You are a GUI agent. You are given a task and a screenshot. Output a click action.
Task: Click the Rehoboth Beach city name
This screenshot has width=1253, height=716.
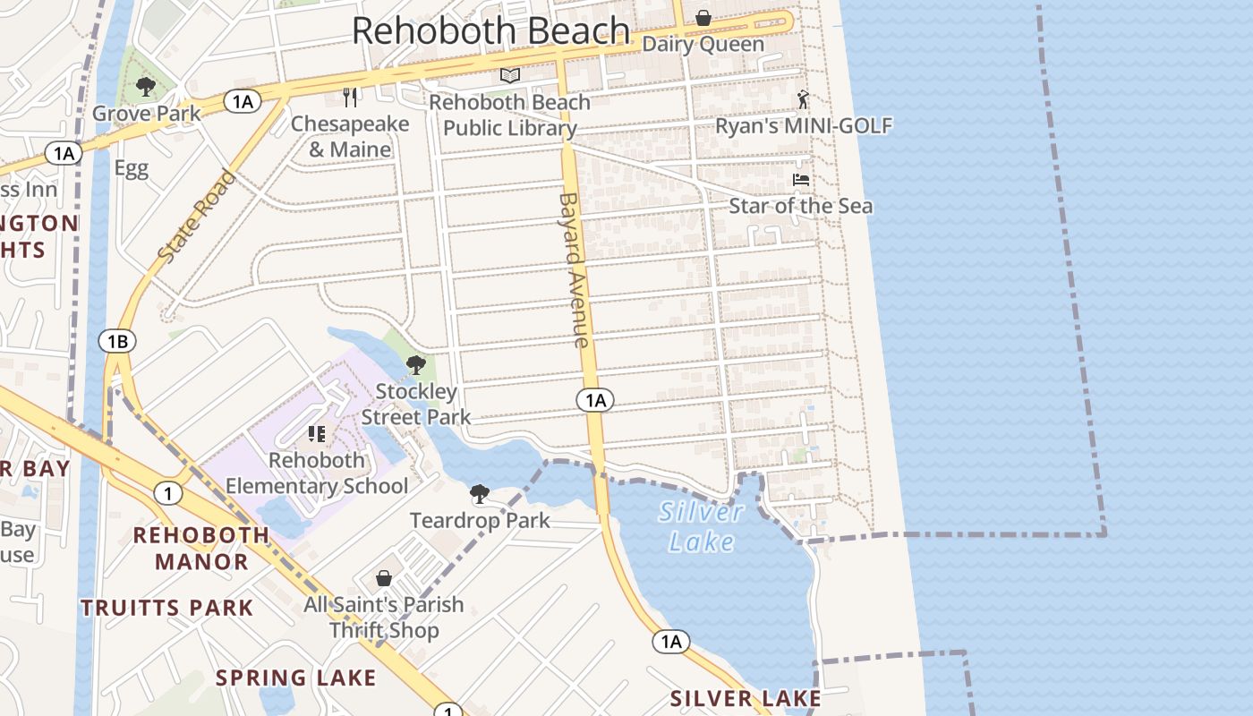(490, 31)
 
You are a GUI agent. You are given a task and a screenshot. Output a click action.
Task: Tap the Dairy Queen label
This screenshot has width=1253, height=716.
(703, 44)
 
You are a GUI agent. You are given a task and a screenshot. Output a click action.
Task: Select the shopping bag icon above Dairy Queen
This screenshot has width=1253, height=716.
(703, 18)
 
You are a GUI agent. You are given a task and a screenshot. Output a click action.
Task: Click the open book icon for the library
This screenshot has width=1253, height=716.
(510, 76)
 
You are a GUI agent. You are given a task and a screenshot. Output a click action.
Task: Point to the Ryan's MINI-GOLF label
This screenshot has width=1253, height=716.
(804, 125)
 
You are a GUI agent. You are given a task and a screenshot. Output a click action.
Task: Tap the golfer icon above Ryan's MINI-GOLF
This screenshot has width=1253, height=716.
(803, 98)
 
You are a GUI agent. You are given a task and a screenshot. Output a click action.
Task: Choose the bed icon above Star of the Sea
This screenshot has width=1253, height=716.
(801, 180)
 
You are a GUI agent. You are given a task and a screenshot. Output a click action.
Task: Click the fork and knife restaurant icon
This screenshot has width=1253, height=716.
(350, 97)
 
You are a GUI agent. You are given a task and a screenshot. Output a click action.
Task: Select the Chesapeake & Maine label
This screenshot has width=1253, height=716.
(350, 137)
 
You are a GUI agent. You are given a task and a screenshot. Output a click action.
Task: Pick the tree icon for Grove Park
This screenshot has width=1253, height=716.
(146, 87)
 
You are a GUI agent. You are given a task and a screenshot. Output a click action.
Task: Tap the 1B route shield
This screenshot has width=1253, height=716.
(117, 341)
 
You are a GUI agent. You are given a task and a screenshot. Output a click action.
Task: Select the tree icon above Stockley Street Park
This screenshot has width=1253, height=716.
(415, 364)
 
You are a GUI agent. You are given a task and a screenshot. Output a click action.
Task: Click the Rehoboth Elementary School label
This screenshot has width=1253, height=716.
(317, 473)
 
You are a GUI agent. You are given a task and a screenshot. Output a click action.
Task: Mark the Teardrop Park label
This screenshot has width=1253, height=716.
(480, 520)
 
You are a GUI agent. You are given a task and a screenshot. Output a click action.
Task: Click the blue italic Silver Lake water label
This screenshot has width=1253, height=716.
(701, 526)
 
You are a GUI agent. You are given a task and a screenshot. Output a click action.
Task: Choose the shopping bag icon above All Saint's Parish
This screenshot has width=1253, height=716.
(384, 578)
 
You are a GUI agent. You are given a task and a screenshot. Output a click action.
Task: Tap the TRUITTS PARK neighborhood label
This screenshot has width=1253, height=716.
(167, 609)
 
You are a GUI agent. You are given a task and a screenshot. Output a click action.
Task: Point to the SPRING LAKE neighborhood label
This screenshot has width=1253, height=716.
(295, 678)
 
